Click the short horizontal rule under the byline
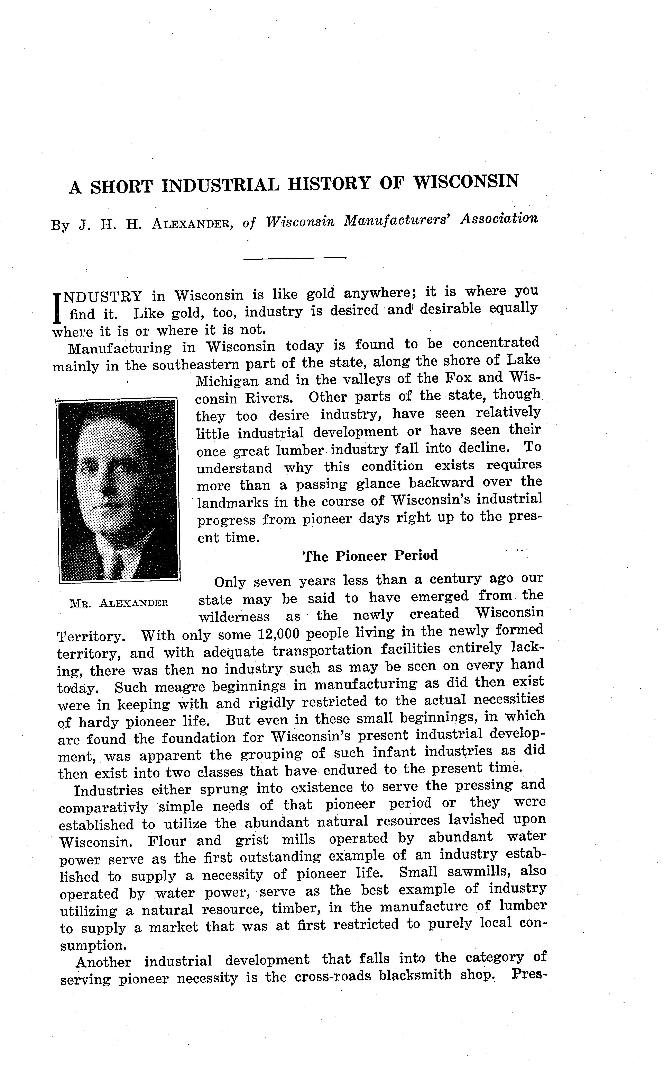295,258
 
